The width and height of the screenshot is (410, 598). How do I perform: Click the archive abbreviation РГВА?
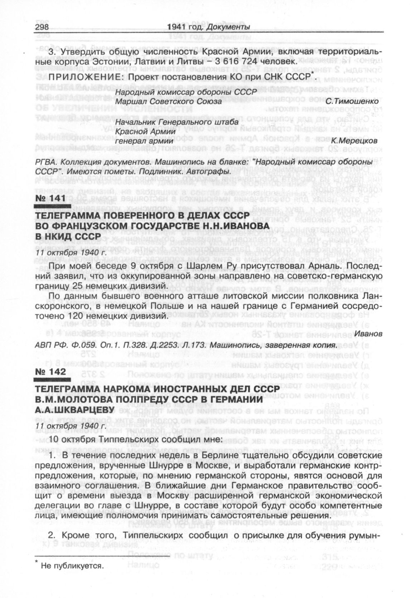[x=45, y=163]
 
